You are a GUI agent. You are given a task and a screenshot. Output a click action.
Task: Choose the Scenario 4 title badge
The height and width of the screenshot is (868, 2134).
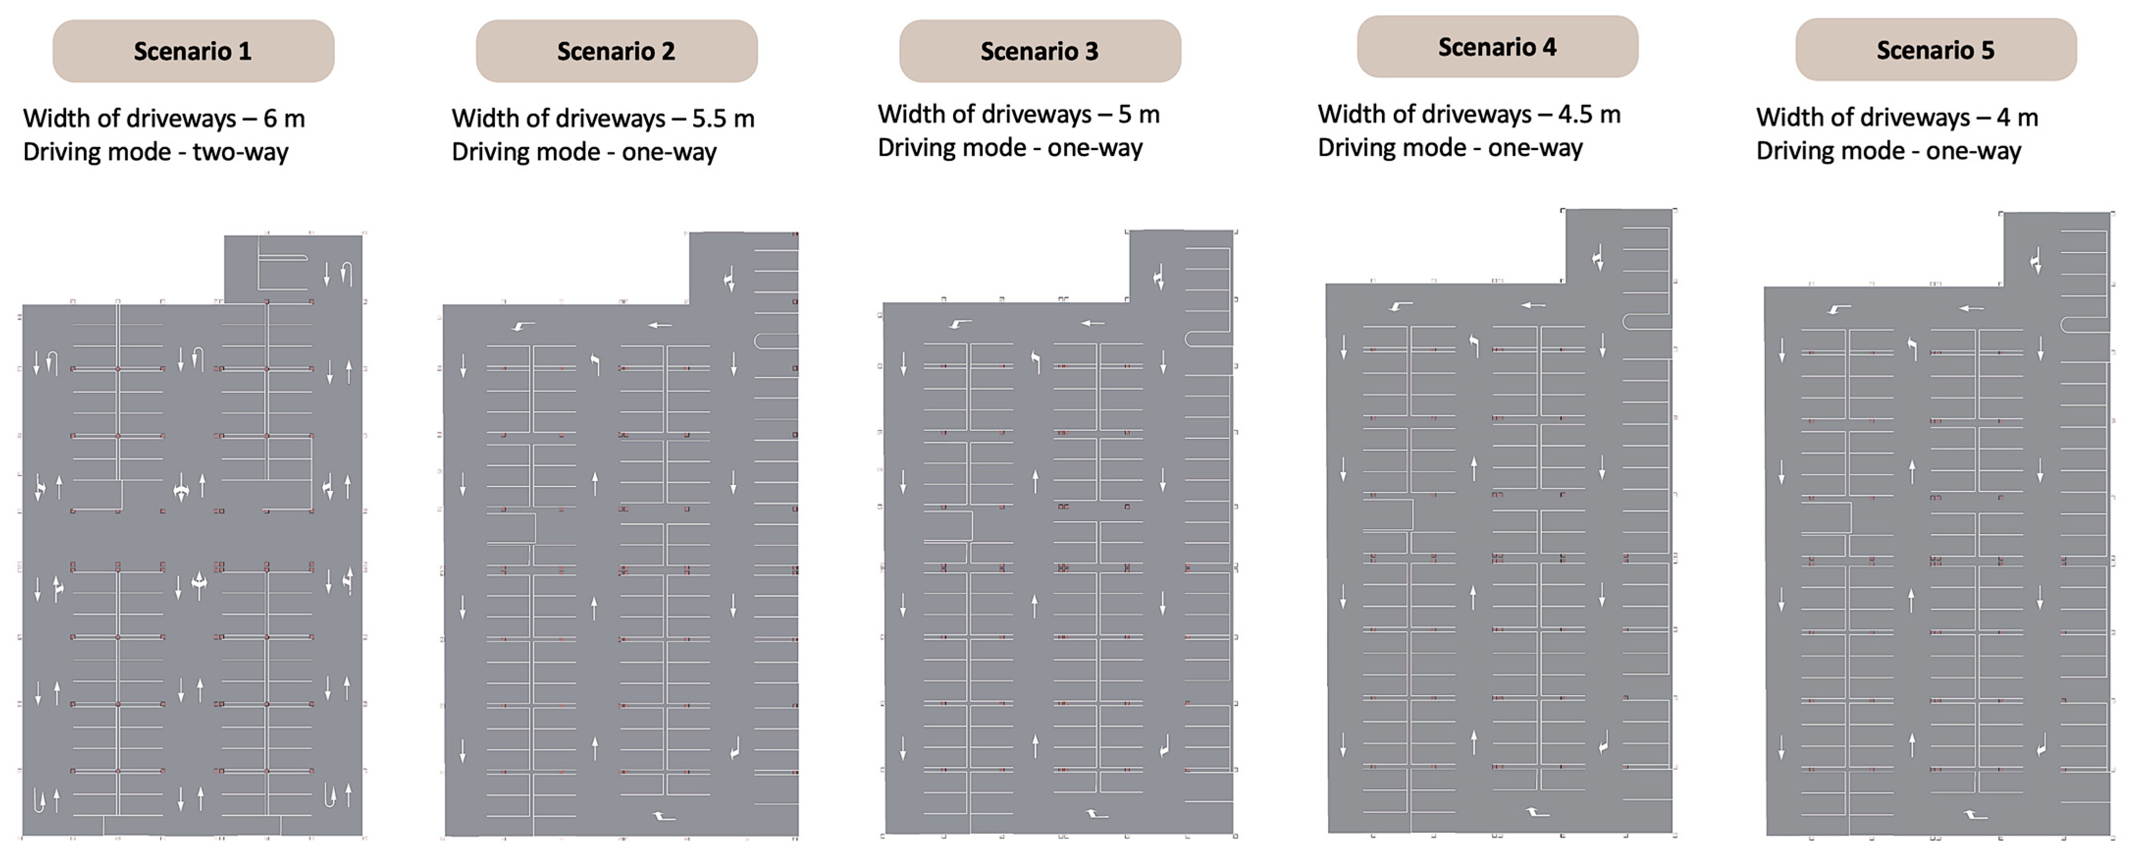[1497, 47]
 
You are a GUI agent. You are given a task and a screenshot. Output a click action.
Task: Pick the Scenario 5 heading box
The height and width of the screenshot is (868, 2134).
[1935, 50]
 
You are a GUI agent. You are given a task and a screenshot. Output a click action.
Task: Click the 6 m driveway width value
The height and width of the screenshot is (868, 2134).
[284, 119]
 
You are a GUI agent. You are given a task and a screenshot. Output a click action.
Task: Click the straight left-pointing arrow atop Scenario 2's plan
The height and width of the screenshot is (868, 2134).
[659, 326]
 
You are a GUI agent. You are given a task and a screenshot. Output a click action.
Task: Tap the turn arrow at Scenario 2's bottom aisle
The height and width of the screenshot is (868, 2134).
[664, 817]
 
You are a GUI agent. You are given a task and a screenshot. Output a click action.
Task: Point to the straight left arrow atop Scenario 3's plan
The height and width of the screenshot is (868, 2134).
[1093, 323]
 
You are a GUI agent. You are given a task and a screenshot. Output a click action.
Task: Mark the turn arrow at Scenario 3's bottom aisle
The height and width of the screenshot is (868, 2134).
[1097, 814]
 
